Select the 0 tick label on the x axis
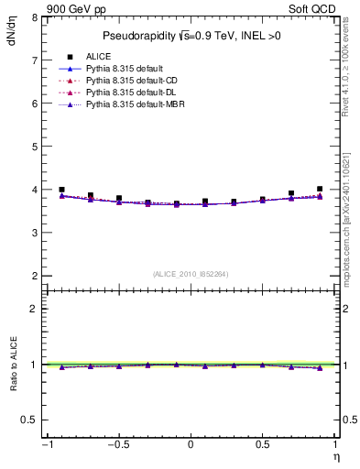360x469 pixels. tap(191, 445)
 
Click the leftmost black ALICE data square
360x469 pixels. tap(61, 190)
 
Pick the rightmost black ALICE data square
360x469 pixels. tap(320, 189)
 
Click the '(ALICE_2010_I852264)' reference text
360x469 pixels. tap(190, 274)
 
